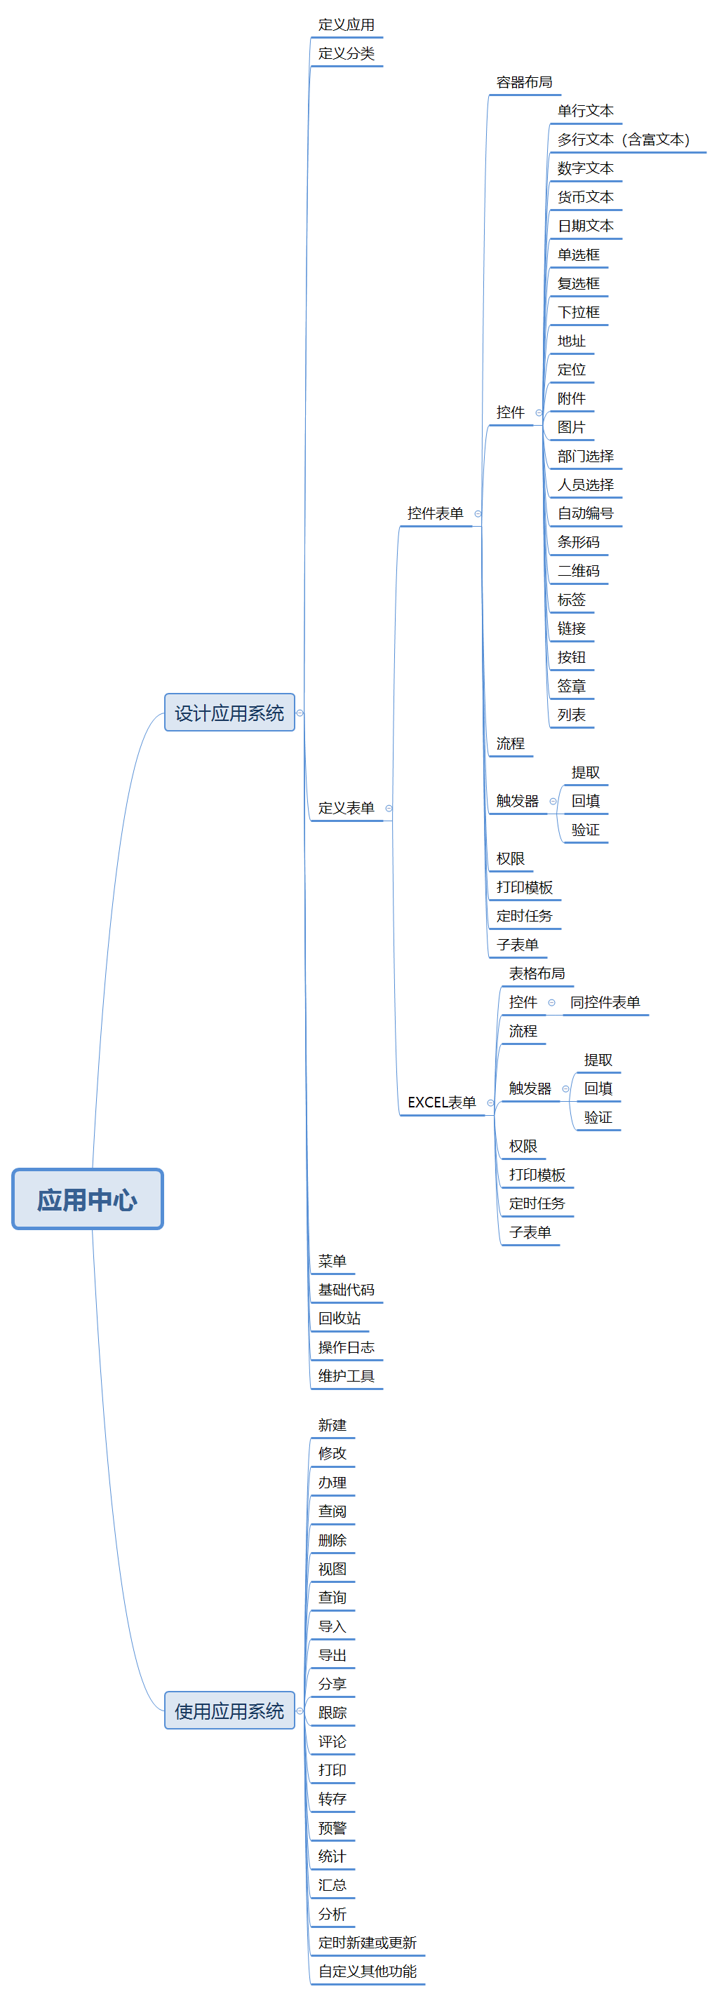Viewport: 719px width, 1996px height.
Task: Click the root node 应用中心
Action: coord(88,1199)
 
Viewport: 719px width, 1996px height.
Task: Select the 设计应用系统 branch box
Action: coord(229,713)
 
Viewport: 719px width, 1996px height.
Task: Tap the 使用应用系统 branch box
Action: coord(229,1711)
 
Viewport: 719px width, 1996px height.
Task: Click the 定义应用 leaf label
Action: coord(347,25)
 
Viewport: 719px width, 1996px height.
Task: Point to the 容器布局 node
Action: coord(525,82)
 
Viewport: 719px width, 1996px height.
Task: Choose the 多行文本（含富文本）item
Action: coord(624,140)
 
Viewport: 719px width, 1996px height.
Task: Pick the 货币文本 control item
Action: coord(586,197)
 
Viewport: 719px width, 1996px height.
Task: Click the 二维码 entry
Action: coord(579,571)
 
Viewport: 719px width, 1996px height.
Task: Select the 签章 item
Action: coord(572,686)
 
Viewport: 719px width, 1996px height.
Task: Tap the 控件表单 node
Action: coord(436,513)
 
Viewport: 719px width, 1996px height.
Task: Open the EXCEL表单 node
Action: coord(442,1102)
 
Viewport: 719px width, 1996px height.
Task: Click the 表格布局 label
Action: coord(537,973)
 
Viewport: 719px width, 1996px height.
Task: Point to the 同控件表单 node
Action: coord(605,1002)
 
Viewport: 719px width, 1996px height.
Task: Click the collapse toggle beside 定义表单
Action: coord(389,808)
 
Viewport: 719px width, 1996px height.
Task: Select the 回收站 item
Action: coord(340,1318)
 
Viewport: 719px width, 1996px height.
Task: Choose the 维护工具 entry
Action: coord(347,1375)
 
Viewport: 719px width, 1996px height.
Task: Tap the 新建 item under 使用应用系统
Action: coord(332,1425)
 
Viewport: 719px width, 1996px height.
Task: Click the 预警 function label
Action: coord(332,1828)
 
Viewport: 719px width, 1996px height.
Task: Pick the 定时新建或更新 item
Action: coord(368,1943)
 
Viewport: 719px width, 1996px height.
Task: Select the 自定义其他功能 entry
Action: coord(368,1971)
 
